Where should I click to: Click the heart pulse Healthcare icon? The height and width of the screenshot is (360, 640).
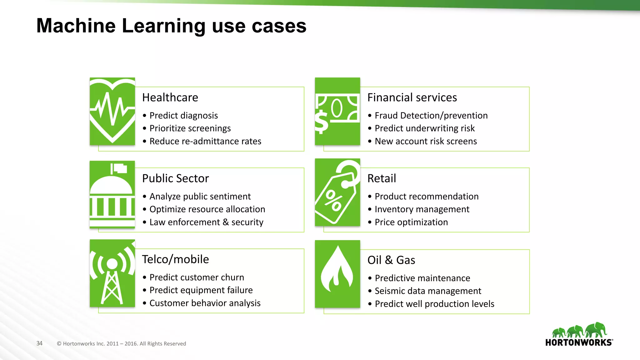pyautogui.click(x=112, y=111)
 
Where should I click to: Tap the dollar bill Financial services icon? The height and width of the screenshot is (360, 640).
pyautogui.click(x=337, y=111)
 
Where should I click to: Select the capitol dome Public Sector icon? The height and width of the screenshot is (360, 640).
pyautogui.click(x=112, y=194)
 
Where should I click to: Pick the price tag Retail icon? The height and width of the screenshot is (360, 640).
pyautogui.click(x=337, y=192)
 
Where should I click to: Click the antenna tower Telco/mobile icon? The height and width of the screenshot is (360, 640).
pyautogui.click(x=112, y=273)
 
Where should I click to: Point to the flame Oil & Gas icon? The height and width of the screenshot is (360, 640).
pyautogui.click(x=337, y=274)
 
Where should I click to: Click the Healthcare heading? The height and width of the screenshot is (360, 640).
pyautogui.click(x=170, y=97)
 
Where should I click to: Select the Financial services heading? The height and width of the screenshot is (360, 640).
pyautogui.click(x=412, y=97)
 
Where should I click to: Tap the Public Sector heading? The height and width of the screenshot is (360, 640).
pyautogui.click(x=175, y=178)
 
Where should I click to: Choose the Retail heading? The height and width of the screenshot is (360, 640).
pyautogui.click(x=382, y=178)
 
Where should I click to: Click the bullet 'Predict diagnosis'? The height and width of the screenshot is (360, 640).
pyautogui.click(x=183, y=116)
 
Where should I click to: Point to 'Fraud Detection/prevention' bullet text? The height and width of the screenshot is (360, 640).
pyautogui.click(x=431, y=116)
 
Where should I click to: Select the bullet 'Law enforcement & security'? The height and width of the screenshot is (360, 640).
pyautogui.click(x=206, y=222)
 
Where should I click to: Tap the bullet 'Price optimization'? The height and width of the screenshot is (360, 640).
pyautogui.click(x=411, y=222)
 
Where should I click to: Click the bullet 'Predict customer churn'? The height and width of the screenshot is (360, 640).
pyautogui.click(x=197, y=277)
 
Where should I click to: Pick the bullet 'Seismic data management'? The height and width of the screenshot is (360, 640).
pyautogui.click(x=428, y=291)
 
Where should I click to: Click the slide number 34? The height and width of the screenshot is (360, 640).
pyautogui.click(x=39, y=343)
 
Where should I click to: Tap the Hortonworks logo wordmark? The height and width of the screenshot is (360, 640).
pyautogui.click(x=579, y=342)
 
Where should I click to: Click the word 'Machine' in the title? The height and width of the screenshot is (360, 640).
pyautogui.click(x=76, y=26)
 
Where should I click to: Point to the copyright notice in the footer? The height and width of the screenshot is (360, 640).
pyautogui.click(x=121, y=344)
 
